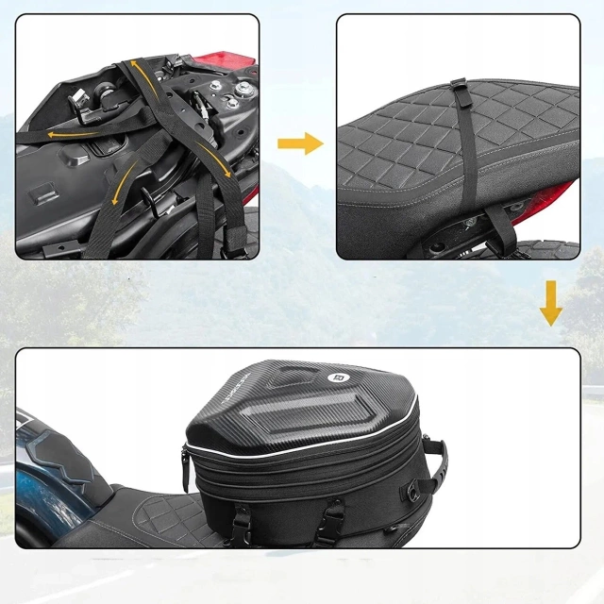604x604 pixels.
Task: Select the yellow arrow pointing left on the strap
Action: [x=59, y=134]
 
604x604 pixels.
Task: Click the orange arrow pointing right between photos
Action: [x=300, y=143]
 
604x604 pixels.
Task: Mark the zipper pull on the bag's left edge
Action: [x=185, y=462]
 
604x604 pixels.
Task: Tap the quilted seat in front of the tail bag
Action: [x=151, y=514]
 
